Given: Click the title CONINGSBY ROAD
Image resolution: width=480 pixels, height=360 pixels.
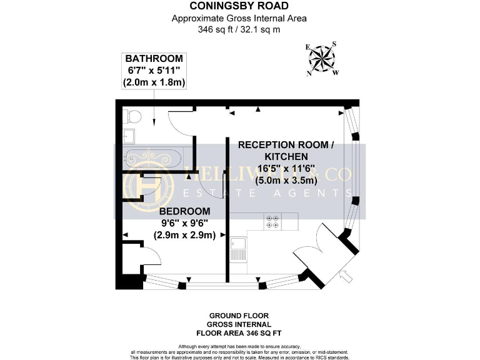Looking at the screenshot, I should point(239,7).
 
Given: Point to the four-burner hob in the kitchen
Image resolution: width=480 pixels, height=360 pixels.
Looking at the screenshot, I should point(273,221).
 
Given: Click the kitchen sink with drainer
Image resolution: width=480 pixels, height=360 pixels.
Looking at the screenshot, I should point(238,249).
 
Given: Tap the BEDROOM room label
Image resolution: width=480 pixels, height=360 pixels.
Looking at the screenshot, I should point(184,211).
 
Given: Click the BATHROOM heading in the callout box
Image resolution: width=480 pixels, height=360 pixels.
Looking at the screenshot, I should point(154,59).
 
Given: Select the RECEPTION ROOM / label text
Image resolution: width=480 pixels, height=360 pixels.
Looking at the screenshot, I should point(286,144).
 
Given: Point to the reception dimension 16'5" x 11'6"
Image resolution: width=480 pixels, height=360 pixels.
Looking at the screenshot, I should point(286,169).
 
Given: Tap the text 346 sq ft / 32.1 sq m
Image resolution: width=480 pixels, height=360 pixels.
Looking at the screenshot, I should point(239,29).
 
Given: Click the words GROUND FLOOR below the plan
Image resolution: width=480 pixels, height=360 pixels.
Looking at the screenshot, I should point(240,316).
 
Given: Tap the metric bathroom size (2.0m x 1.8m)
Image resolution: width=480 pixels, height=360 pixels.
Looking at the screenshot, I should point(154,82).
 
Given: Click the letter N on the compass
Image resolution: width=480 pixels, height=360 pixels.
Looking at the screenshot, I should point(309,72).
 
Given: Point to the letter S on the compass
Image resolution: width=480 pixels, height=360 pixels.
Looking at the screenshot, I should point(334,44).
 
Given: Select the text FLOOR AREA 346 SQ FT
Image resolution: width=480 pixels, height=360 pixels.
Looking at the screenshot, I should point(240,333).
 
